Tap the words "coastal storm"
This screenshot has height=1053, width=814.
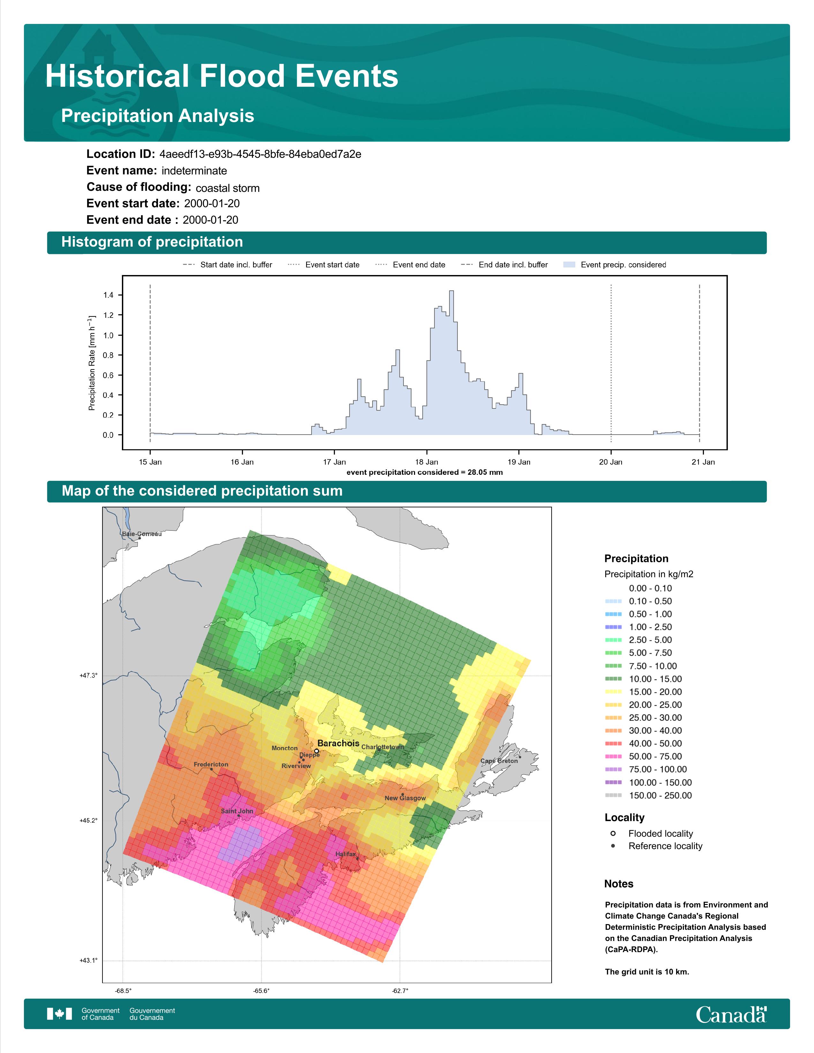click(x=228, y=188)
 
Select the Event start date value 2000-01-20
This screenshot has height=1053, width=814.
click(x=212, y=204)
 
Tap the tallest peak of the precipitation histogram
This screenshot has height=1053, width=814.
click(x=451, y=291)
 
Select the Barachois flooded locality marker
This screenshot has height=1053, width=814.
click(x=316, y=751)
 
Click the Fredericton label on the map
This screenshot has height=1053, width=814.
click(x=211, y=764)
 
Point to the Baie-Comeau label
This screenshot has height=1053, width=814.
click(x=142, y=534)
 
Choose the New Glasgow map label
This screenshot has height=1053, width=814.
click(x=405, y=798)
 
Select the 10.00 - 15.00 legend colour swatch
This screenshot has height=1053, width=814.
click(x=613, y=679)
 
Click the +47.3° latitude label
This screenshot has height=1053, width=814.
click(x=88, y=676)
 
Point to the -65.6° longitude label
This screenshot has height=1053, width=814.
click(x=261, y=991)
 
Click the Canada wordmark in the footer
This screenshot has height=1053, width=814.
click(x=731, y=1014)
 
